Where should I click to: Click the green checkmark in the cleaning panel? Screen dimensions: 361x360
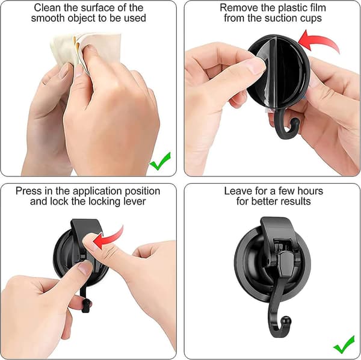(x=160, y=162)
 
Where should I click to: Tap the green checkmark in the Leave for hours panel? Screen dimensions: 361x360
(x=344, y=345)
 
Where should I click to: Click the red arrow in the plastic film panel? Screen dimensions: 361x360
(x=319, y=42)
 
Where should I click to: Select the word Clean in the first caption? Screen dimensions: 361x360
(x=48, y=8)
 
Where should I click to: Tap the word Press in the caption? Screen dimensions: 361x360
(x=28, y=191)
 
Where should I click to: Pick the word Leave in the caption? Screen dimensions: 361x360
(x=238, y=191)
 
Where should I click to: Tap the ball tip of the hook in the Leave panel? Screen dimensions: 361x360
(x=287, y=320)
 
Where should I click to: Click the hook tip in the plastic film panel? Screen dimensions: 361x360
(x=295, y=122)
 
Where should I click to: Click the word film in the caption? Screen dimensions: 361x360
(x=317, y=8)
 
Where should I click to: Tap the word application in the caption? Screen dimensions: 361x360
(x=98, y=191)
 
